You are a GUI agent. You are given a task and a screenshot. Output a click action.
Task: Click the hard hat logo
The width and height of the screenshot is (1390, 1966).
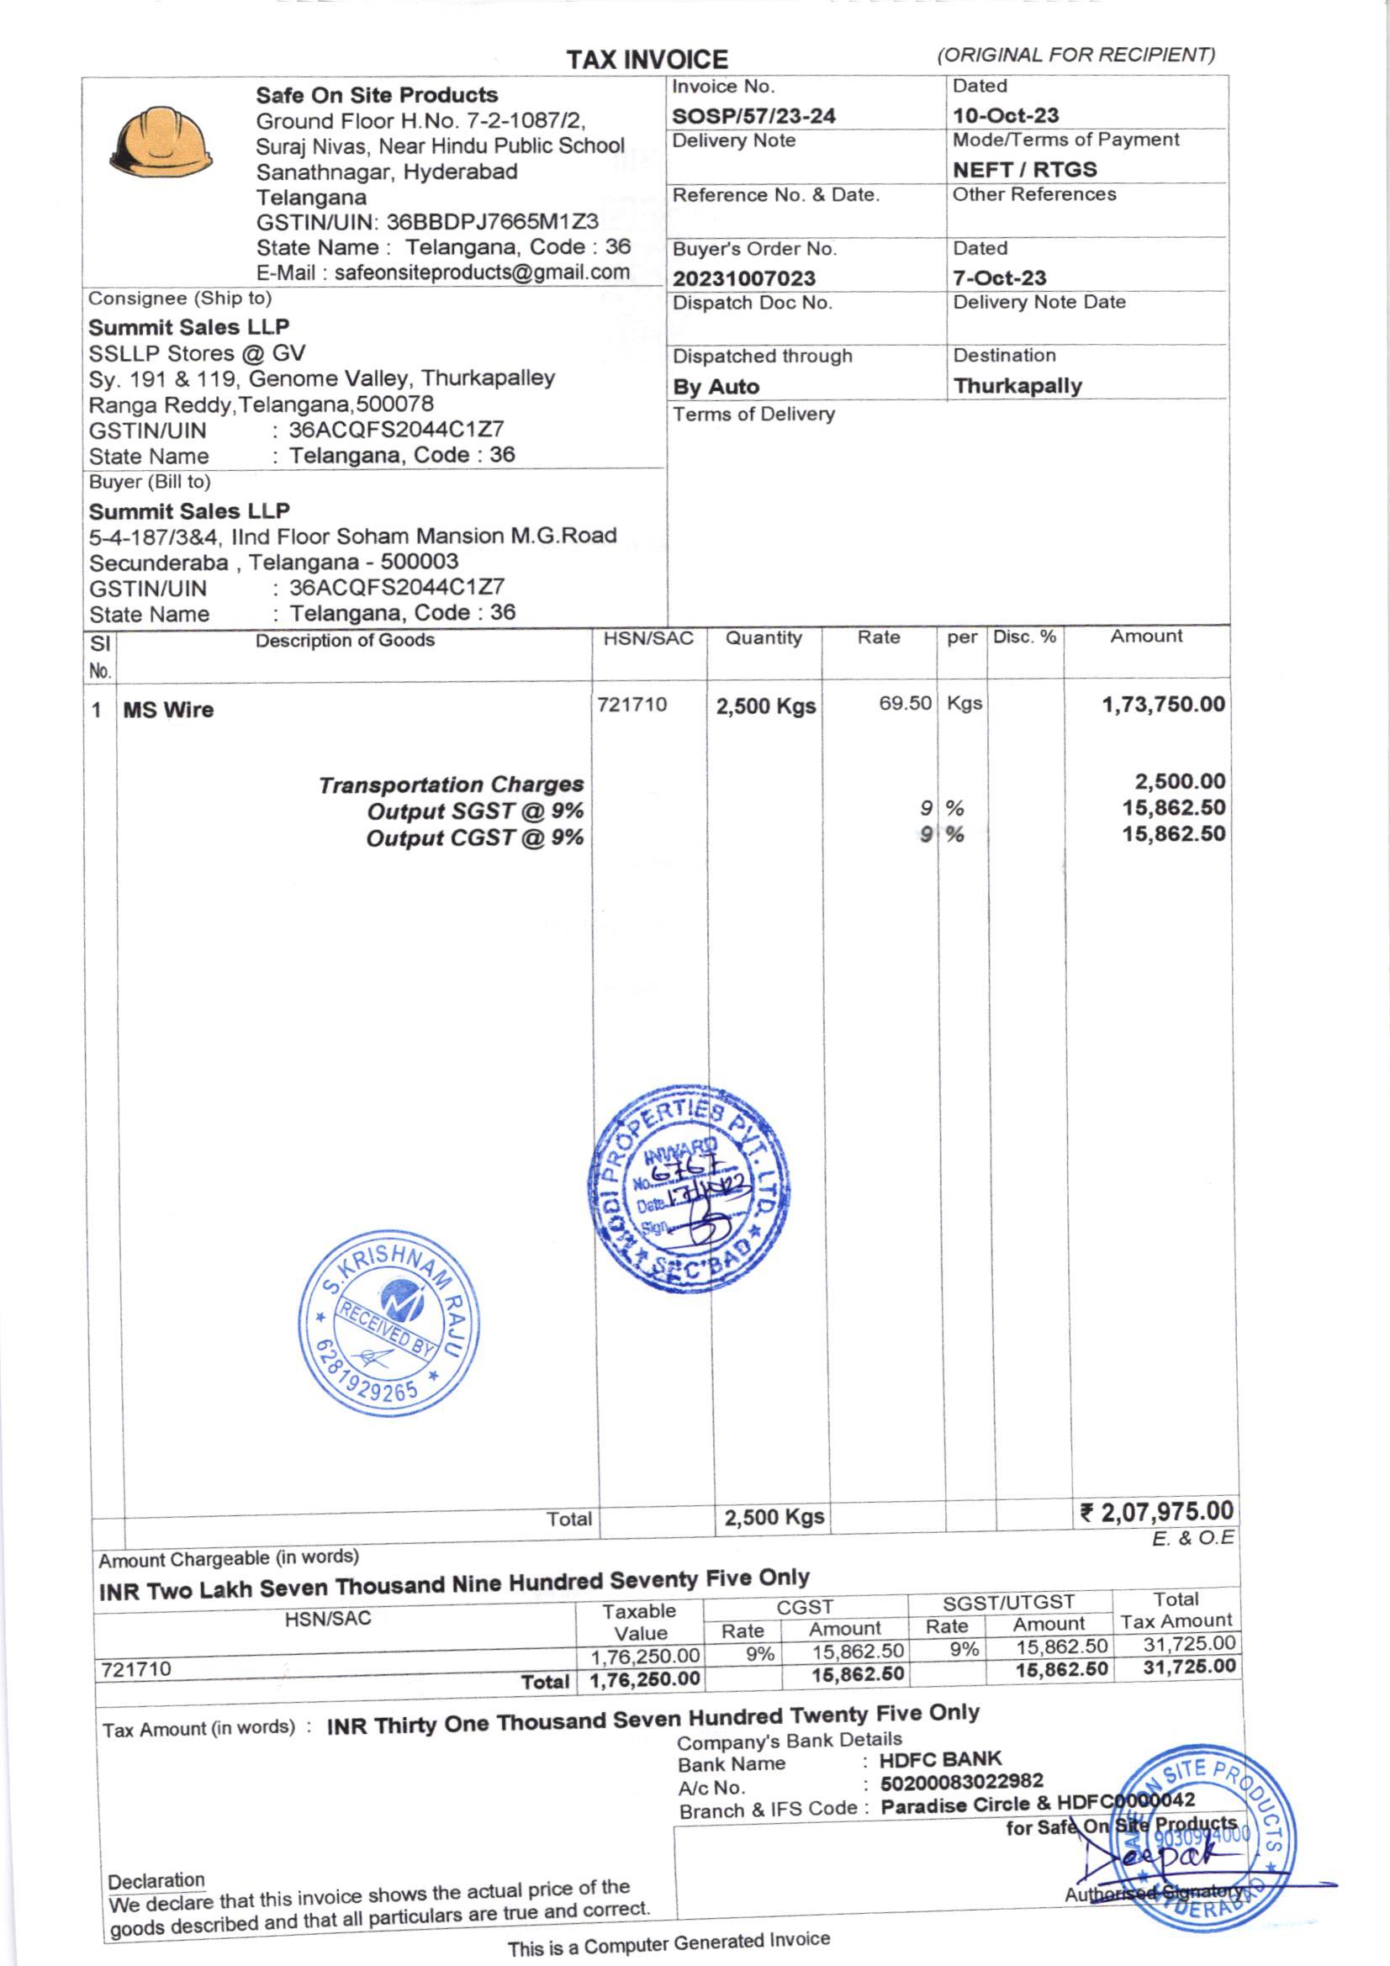(161, 141)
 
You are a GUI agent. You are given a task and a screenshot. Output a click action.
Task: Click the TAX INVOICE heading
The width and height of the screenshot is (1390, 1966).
(647, 59)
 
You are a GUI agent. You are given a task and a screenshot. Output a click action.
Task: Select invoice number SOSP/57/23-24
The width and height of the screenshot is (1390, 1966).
(753, 115)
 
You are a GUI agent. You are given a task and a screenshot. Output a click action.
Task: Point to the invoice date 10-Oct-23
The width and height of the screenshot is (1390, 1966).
(1006, 115)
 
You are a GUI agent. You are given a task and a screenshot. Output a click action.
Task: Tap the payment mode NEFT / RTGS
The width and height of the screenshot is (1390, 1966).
(1024, 170)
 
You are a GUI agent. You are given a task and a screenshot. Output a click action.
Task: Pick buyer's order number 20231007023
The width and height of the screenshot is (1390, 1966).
(743, 278)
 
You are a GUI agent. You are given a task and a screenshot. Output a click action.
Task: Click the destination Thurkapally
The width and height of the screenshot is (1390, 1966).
(1017, 386)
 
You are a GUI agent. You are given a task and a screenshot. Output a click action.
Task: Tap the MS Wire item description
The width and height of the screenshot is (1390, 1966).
(168, 710)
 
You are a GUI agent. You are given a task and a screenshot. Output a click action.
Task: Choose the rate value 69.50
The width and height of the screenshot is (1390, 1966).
(905, 704)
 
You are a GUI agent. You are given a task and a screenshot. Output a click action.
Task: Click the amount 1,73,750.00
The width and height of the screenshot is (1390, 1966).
(1163, 705)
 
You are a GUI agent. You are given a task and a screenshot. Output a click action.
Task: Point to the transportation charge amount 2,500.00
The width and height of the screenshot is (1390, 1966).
(1179, 781)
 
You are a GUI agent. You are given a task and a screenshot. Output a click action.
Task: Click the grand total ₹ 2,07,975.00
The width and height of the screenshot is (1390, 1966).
(1157, 1511)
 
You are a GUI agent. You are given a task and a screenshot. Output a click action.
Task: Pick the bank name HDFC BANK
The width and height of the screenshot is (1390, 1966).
(940, 1759)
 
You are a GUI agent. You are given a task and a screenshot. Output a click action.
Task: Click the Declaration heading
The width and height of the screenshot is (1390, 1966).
(156, 1880)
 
